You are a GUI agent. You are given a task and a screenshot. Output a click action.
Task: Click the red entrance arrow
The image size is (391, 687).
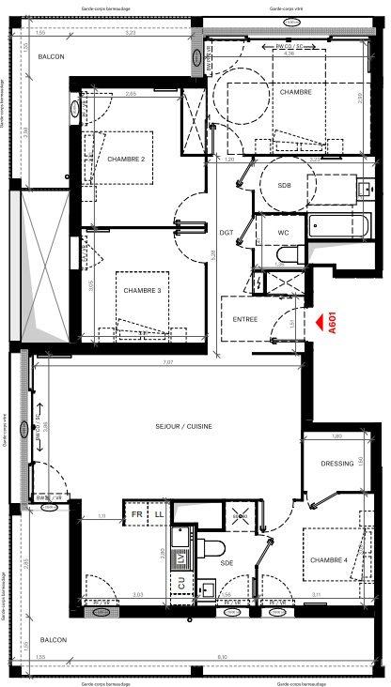tap(322, 322)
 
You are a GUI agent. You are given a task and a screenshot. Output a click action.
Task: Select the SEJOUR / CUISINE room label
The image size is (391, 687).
tap(183, 426)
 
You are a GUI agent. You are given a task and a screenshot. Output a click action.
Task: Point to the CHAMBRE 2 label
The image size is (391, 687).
tap(125, 160)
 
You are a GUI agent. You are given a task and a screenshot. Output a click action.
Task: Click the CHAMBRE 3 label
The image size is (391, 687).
tap(142, 290)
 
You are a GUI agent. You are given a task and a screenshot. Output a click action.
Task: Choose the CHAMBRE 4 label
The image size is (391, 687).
tap(330, 560)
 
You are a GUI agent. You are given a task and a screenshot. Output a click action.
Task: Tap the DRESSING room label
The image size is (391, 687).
tap(336, 463)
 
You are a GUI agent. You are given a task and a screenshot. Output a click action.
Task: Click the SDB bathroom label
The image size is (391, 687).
tap(284, 186)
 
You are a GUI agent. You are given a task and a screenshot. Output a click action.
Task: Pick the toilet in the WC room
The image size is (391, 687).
tap(289, 254)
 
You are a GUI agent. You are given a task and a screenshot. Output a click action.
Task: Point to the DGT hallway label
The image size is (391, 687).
tap(226, 232)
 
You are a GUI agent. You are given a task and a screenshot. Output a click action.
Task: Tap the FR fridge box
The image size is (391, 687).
tap(136, 515)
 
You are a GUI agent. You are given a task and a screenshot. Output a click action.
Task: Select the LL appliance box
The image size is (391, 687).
tap(159, 515)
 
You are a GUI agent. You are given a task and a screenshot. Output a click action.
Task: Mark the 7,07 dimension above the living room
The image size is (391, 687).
tap(167, 362)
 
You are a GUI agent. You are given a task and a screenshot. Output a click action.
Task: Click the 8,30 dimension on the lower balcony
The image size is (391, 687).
tap(221, 657)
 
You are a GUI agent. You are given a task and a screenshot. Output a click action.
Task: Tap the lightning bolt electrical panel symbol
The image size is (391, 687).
tap(258, 281)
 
